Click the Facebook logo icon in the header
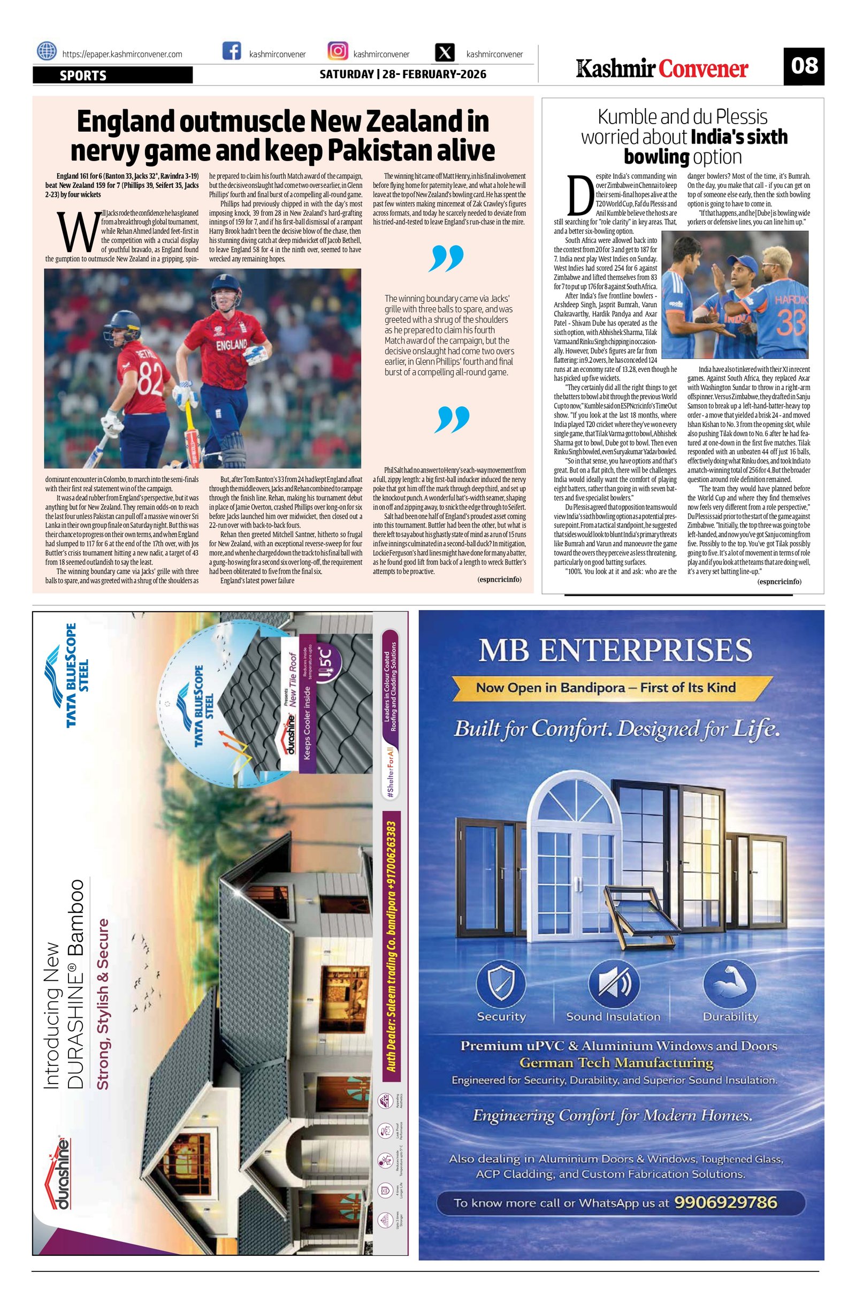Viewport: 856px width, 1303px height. pos(232,51)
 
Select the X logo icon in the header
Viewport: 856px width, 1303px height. pos(446,52)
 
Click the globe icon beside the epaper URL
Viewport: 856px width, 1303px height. pos(47,51)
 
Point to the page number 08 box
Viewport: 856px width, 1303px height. pos(804,66)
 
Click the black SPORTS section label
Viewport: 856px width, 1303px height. pos(112,75)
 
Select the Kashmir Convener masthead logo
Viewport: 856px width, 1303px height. pos(662,69)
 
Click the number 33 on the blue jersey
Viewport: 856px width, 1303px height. pos(788,323)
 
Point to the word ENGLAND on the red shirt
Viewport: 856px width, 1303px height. pos(232,346)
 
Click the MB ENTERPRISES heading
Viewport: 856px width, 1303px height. pos(615,651)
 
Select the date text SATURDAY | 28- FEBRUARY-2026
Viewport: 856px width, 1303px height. pos(403,74)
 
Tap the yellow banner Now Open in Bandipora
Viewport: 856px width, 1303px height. pos(605,688)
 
